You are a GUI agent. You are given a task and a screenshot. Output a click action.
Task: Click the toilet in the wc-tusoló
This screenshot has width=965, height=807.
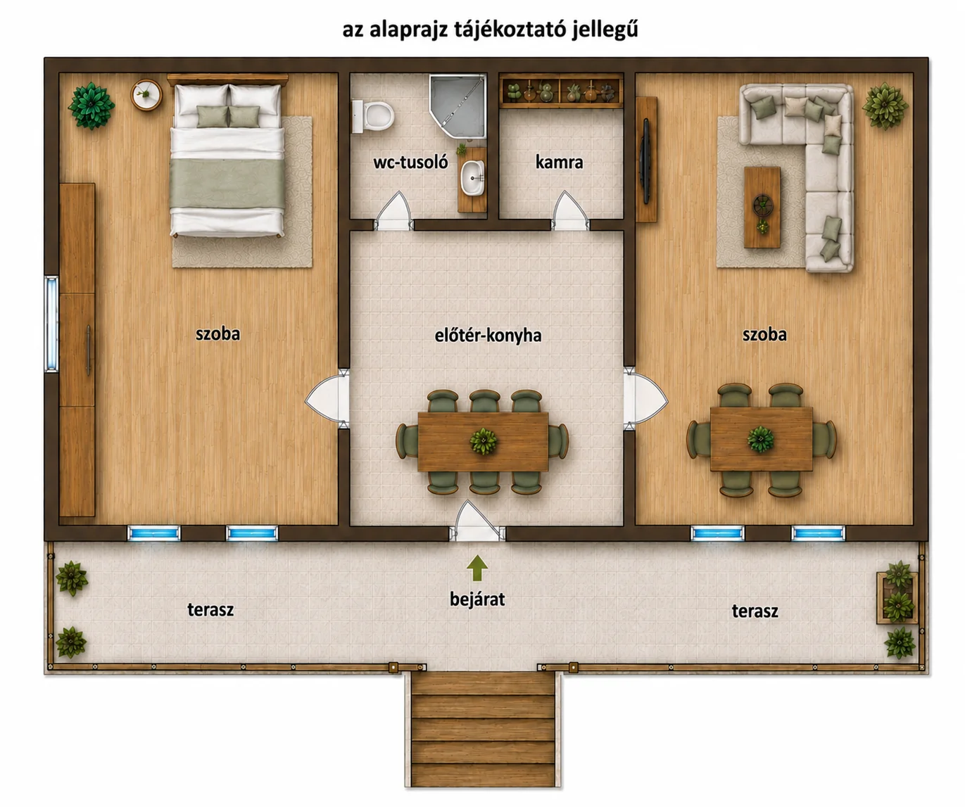pyautogui.click(x=372, y=116)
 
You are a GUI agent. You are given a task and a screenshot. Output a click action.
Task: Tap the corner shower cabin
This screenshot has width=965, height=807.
pyautogui.click(x=458, y=106)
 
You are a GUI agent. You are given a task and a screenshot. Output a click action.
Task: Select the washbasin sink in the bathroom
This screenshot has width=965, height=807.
pyautogui.click(x=472, y=178)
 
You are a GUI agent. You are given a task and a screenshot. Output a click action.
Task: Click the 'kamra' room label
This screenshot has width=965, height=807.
pyautogui.click(x=559, y=162)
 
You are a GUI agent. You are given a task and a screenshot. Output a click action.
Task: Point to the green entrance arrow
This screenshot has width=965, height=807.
pyautogui.click(x=477, y=567)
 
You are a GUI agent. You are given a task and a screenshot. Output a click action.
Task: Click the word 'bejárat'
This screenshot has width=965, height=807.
pyautogui.click(x=477, y=599)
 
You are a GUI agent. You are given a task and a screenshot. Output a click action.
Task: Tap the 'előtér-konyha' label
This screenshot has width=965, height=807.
pyautogui.click(x=488, y=336)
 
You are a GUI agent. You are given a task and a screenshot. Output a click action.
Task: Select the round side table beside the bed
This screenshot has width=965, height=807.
pyautogui.click(x=146, y=95)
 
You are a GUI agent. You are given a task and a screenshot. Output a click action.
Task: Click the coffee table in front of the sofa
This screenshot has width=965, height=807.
pyautogui.click(x=762, y=208)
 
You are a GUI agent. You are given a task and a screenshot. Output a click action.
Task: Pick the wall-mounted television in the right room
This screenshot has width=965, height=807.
pyautogui.click(x=645, y=160)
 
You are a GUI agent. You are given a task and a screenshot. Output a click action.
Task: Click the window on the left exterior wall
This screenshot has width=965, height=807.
pyautogui.click(x=51, y=324)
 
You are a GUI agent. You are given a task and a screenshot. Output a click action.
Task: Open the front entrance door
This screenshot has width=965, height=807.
pyautogui.click(x=477, y=521)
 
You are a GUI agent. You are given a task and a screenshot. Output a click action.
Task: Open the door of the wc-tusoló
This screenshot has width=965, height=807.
pyautogui.click(x=393, y=211)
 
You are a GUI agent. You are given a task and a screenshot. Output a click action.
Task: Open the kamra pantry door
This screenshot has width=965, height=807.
pyautogui.click(x=570, y=211)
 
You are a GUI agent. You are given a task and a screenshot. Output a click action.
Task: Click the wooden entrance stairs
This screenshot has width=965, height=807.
pyautogui.click(x=483, y=729)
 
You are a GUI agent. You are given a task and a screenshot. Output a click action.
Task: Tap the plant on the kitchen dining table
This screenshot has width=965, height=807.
pyautogui.click(x=484, y=440)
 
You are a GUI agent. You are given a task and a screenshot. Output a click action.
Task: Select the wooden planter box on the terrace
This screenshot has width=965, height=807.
pyautogui.click(x=897, y=598)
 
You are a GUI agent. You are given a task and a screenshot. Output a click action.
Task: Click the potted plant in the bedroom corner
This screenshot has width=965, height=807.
pyautogui.click(x=92, y=106)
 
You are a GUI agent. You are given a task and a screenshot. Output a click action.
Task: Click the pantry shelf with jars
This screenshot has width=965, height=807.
pyautogui.click(x=562, y=91)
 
